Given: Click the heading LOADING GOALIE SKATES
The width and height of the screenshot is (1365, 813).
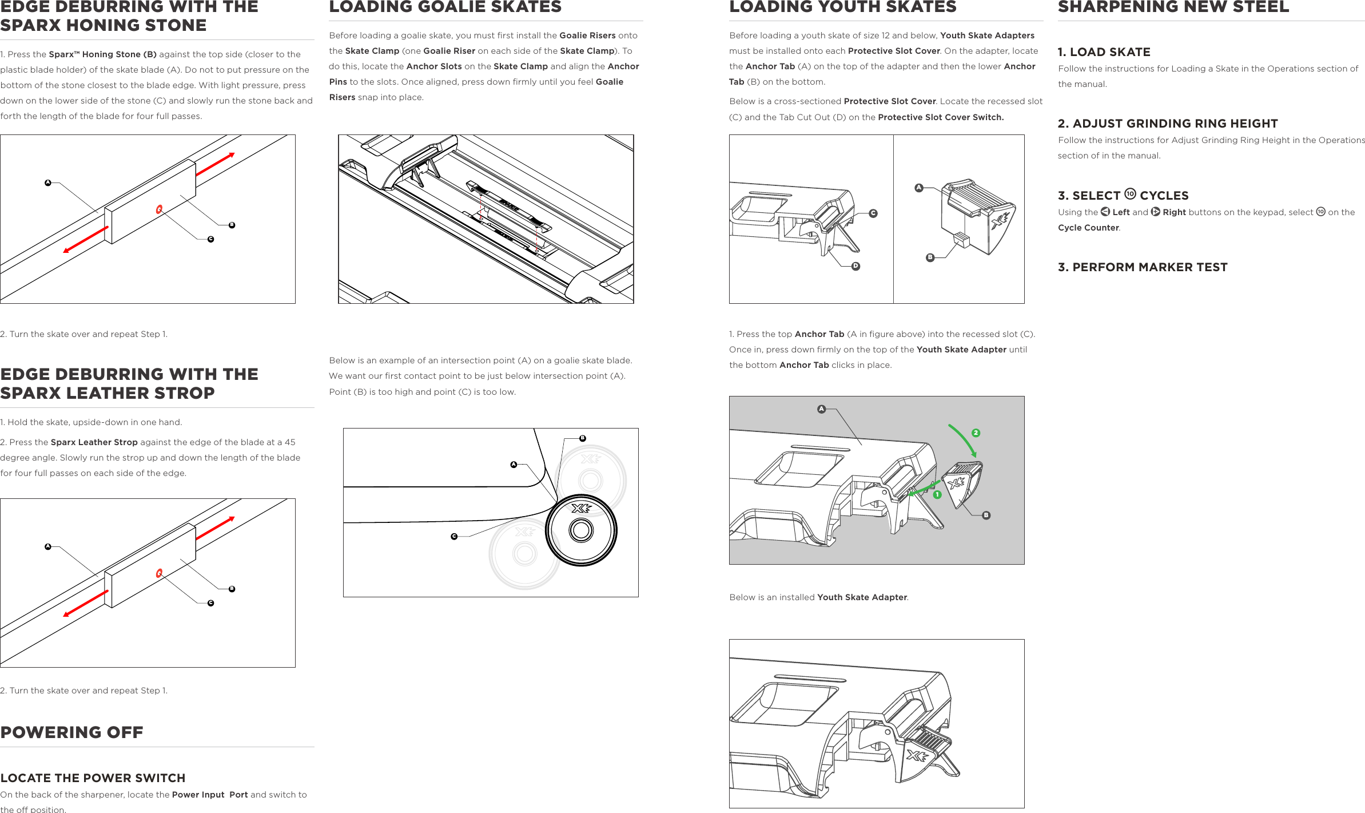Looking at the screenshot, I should (445, 7).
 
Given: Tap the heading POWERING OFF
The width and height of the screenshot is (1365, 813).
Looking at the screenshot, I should (71, 732).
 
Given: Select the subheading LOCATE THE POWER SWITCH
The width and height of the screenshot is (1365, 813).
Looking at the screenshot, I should (93, 778).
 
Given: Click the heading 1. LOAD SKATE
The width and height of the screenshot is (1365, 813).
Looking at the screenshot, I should (1104, 52).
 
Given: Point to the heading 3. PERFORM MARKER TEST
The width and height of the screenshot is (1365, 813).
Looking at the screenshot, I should (1142, 267).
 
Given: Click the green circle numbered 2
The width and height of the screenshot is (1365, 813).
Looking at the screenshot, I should (976, 433).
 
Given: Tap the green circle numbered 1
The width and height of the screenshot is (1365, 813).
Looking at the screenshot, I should (937, 494).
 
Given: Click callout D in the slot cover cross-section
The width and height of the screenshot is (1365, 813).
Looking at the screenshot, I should (855, 266).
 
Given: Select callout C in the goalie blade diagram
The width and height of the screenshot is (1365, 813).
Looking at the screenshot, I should (454, 537).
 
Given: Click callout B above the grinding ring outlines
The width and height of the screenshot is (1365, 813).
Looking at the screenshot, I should (583, 438).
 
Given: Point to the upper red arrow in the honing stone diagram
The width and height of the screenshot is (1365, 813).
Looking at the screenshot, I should (215, 164).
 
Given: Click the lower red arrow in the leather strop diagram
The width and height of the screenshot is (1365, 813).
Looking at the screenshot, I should (85, 604).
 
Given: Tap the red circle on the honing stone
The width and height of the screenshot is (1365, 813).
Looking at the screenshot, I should (159, 209).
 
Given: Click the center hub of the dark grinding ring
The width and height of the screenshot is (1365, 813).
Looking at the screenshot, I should (581, 530).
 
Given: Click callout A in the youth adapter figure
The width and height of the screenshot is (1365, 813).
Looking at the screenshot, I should (919, 188).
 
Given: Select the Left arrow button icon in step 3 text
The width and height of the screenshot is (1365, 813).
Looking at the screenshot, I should (1105, 212).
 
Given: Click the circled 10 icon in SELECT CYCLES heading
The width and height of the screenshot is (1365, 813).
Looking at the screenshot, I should (1130, 194).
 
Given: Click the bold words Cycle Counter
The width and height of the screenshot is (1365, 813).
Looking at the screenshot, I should (1088, 228).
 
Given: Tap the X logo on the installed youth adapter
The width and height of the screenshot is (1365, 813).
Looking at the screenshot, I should (917, 756).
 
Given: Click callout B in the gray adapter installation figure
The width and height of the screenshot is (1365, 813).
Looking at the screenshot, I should (986, 515).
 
